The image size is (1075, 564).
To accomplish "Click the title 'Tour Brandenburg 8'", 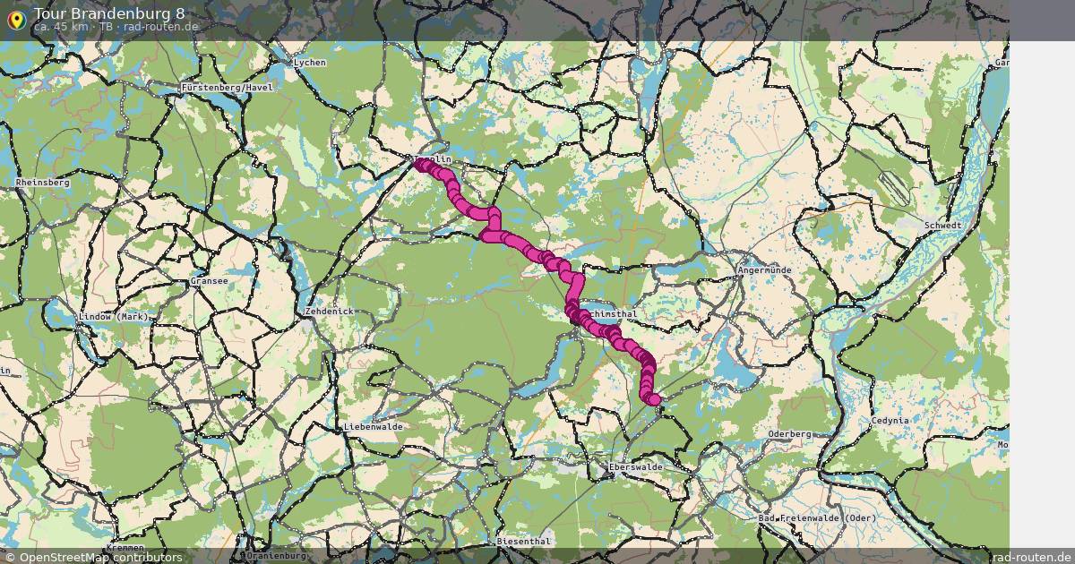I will coord(109,13).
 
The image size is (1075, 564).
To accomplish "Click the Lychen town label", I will coord(310,63).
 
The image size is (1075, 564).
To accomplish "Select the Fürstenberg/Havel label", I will coord(227,88).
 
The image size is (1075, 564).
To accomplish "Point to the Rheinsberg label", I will coord(42,183).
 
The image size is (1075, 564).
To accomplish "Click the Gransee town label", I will coord(209,281).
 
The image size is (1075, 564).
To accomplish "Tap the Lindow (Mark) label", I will coord(114,317).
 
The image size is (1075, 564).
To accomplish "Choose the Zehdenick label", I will coord(330,312).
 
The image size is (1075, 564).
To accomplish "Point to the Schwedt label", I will coord(942,226).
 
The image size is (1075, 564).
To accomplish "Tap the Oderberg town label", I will coord(789,434).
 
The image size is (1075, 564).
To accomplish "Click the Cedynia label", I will coord(890,420).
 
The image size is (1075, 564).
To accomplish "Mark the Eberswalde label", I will coord(635,467).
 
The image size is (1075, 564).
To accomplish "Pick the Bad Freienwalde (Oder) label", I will coord(817,518).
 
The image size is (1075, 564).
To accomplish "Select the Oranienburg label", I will coord(278,555).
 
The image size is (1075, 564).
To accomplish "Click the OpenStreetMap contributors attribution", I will coord(93,557).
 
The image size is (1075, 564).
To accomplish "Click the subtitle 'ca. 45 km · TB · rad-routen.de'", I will coord(116,27).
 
